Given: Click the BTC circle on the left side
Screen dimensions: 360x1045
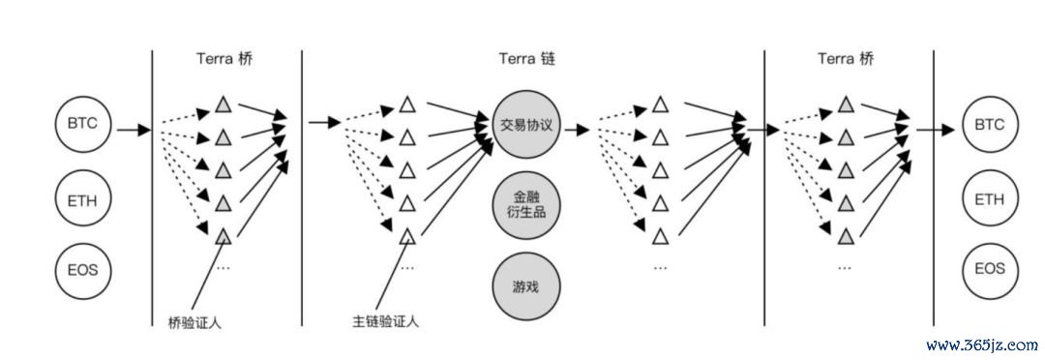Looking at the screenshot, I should point(84,125).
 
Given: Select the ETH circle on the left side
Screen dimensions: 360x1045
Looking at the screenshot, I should point(84,201).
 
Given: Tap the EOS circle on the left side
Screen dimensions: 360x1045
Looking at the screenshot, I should point(84,269).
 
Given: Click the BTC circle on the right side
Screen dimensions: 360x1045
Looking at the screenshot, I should point(989,125).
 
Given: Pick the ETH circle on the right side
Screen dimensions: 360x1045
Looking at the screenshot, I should point(989,201).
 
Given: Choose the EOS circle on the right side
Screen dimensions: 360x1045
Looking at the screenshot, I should point(989,269).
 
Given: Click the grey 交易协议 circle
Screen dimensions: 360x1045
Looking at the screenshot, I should point(526,124).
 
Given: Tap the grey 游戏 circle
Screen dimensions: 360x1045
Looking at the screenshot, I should point(526,286).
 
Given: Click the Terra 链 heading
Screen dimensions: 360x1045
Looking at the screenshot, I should point(527,59).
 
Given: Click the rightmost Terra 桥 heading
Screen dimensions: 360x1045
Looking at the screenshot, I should point(846,59).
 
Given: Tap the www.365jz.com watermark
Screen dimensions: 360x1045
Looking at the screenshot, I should point(980,345).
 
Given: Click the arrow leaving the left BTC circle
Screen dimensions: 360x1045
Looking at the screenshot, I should point(133,128).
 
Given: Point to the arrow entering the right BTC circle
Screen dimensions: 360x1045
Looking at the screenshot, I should point(935,128).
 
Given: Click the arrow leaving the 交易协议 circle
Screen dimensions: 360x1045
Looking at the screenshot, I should point(577,128).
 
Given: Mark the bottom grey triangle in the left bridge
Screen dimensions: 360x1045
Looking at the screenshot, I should point(223,235).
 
